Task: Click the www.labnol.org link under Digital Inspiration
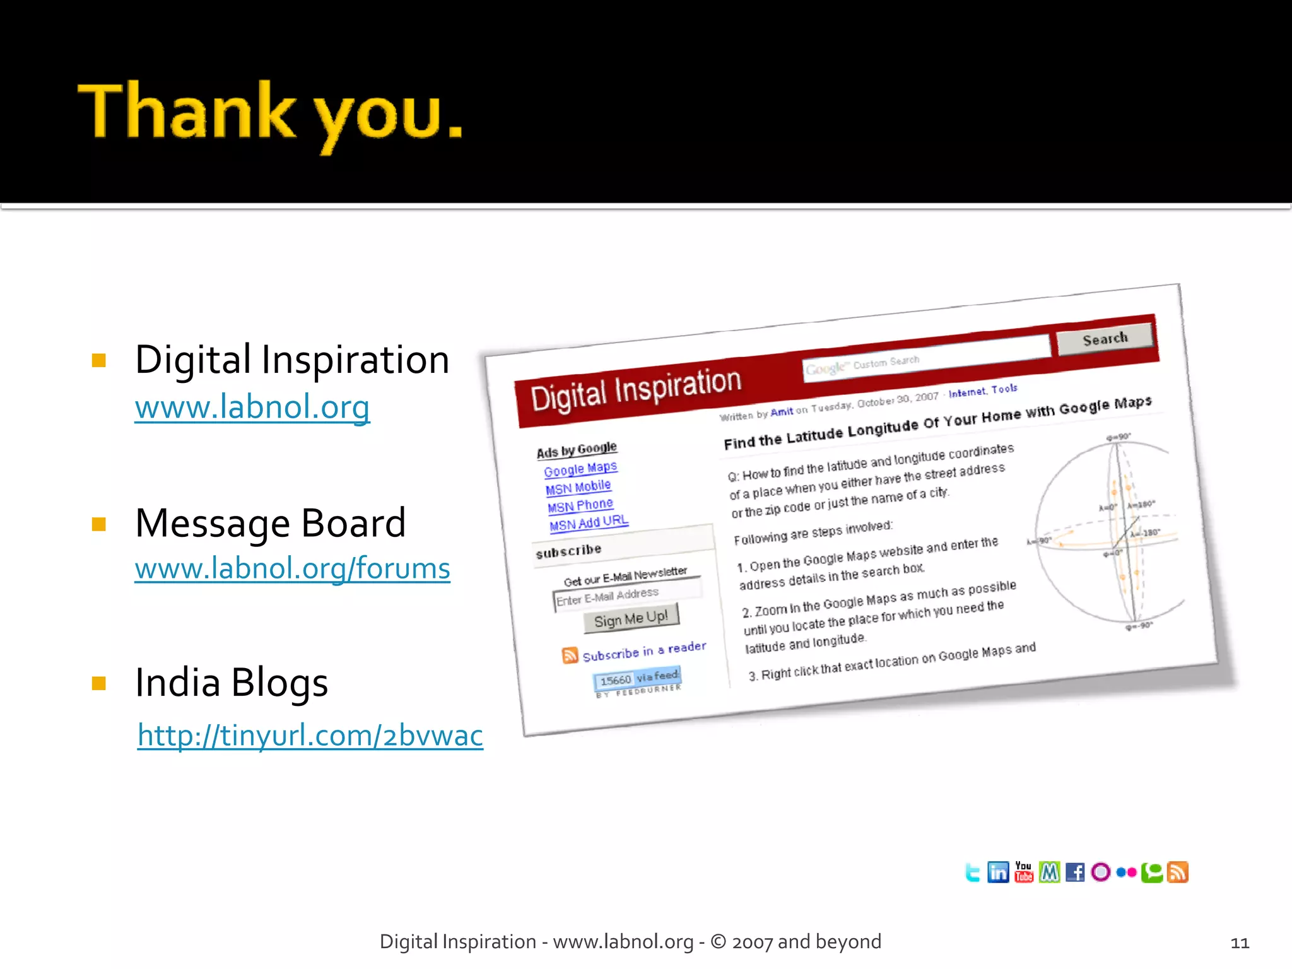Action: point(252,407)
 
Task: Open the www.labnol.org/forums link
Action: point(292,568)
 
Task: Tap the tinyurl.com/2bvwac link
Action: point(310,736)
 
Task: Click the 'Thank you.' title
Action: point(270,114)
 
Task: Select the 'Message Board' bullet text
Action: point(270,523)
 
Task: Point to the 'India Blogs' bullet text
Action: point(232,683)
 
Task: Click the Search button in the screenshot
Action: point(1105,339)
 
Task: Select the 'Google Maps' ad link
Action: point(580,469)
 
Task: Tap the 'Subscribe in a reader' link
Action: point(643,651)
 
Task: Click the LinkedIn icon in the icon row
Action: point(998,872)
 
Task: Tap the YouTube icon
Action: point(1023,872)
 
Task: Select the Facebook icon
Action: point(1075,872)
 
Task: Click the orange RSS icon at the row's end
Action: point(1178,872)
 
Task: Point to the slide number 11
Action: point(1240,943)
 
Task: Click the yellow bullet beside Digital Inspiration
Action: point(99,360)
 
